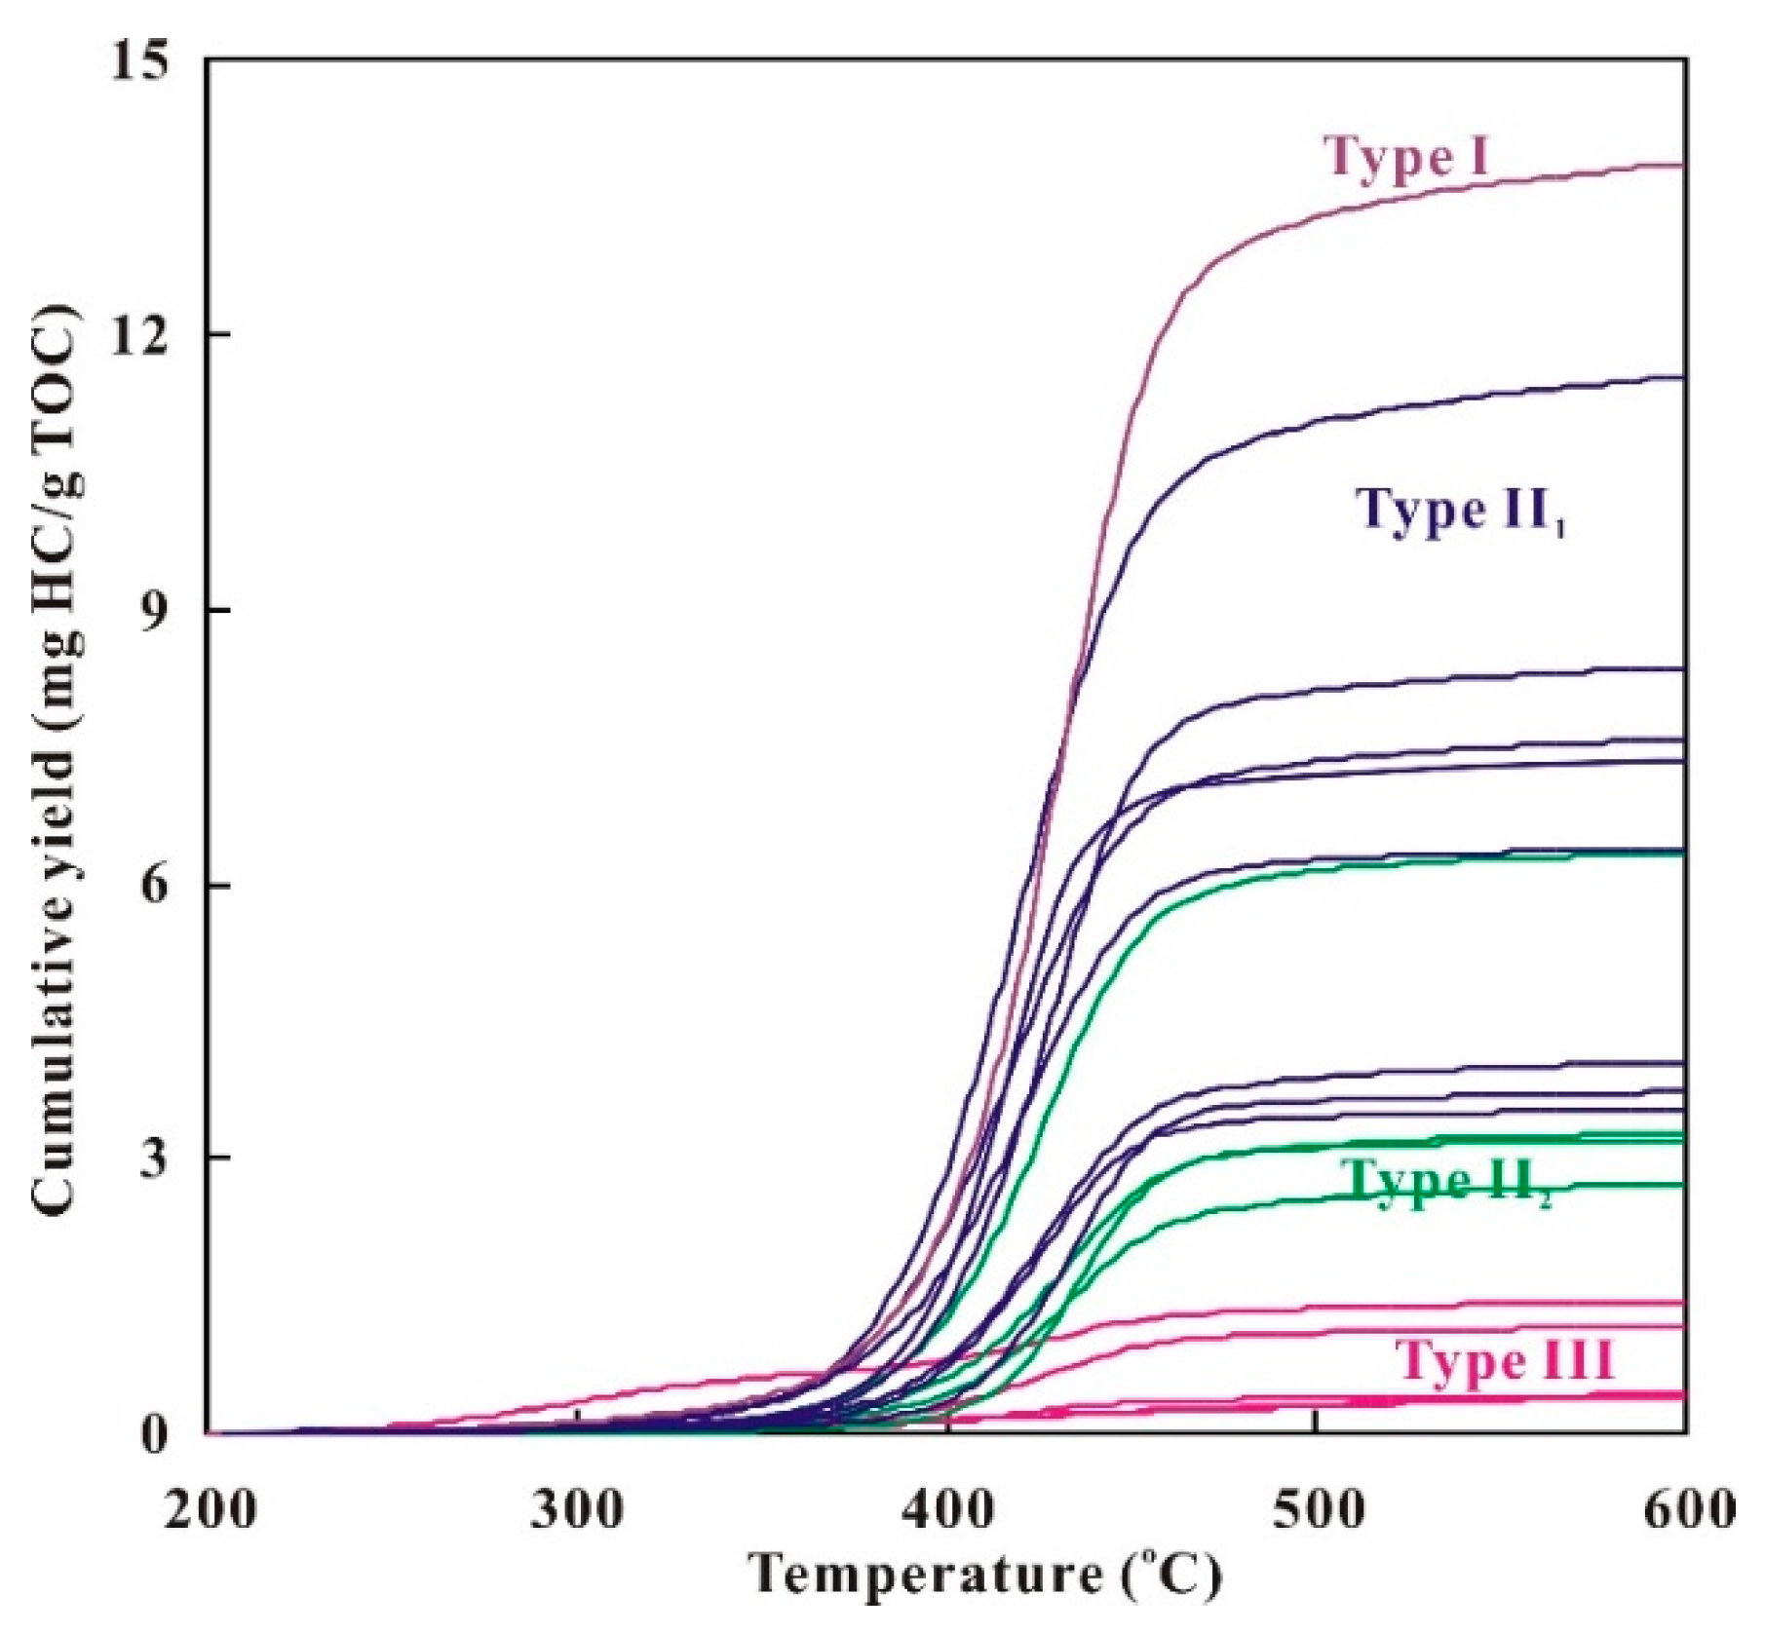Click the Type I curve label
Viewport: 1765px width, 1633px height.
coord(1406,156)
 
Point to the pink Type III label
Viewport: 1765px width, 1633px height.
coord(1505,1360)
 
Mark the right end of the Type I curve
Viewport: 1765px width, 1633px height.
coord(1682,166)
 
